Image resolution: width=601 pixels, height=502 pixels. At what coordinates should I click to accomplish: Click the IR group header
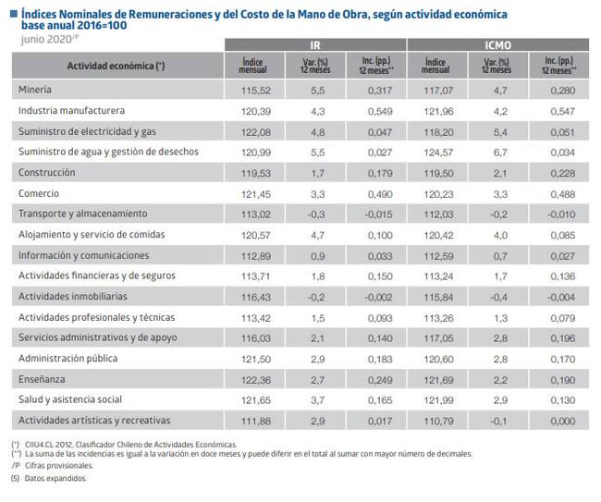tap(315, 45)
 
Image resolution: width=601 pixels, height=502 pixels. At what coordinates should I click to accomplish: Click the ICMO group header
tap(497, 45)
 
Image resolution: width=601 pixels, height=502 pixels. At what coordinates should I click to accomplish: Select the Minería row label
tap(35, 90)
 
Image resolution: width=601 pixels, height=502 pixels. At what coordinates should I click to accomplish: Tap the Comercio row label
tap(39, 193)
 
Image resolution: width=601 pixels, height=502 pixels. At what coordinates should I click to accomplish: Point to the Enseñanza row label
tap(42, 379)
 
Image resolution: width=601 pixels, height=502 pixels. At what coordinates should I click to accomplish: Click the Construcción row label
tap(47, 173)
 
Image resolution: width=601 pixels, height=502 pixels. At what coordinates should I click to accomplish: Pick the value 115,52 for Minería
tap(255, 91)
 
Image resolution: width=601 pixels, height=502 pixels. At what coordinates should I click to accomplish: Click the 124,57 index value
tap(438, 153)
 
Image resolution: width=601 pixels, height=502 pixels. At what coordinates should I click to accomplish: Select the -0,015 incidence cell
tap(378, 214)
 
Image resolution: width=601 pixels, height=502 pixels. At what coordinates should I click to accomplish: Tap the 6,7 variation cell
tap(500, 153)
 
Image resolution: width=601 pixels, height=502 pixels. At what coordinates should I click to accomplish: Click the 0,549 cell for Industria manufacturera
tap(380, 112)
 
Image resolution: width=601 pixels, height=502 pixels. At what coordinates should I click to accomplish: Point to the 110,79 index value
tap(438, 422)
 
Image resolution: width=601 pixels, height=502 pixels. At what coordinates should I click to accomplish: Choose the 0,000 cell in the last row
tap(563, 422)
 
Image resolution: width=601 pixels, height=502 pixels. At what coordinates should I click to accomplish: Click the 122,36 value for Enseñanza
tap(255, 380)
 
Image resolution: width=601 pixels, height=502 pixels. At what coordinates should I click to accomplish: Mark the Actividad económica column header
tap(116, 66)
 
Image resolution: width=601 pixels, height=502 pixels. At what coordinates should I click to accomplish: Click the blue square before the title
tap(14, 14)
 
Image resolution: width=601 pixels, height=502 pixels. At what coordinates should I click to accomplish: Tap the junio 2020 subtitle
tap(50, 39)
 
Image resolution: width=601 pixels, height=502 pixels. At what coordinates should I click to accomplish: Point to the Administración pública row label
tap(67, 359)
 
